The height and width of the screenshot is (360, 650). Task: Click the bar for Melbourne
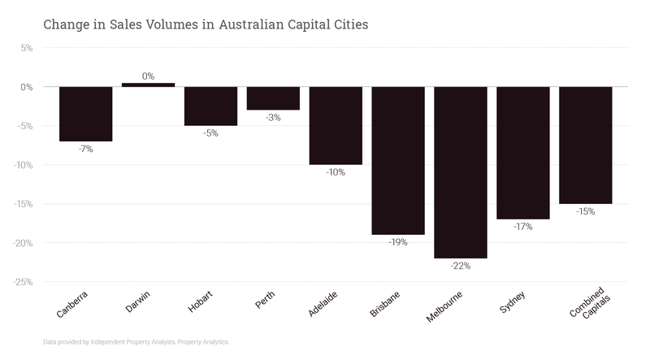pyautogui.click(x=461, y=172)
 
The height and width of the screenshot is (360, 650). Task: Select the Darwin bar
pyautogui.click(x=148, y=85)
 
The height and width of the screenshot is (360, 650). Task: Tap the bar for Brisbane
pyautogui.click(x=398, y=160)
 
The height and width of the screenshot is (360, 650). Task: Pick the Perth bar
pyautogui.click(x=273, y=98)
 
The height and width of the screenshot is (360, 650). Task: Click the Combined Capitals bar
pyautogui.click(x=586, y=145)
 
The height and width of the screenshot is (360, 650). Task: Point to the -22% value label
pyautogui.click(x=461, y=266)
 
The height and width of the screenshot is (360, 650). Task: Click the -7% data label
pyautogui.click(x=86, y=150)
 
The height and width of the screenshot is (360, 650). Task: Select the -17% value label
pyautogui.click(x=523, y=227)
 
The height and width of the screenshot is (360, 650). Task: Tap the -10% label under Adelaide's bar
pyautogui.click(x=336, y=172)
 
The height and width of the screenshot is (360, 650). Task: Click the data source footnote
pyautogui.click(x=136, y=342)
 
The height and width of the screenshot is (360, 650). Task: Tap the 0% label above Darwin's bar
pyautogui.click(x=148, y=76)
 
